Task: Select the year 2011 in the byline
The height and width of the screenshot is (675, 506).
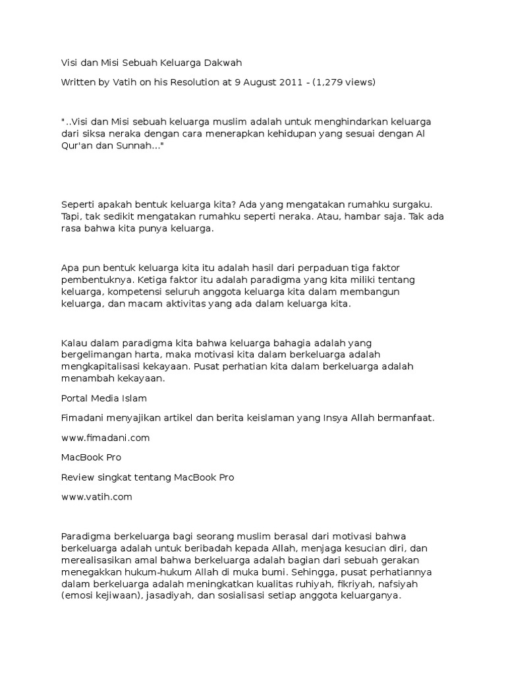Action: click(289, 82)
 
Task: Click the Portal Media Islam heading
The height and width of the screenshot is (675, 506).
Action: click(103, 398)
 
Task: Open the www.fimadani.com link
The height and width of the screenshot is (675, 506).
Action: click(105, 438)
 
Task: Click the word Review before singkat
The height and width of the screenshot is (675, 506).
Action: click(78, 477)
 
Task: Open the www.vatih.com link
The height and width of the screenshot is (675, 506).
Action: click(97, 497)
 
